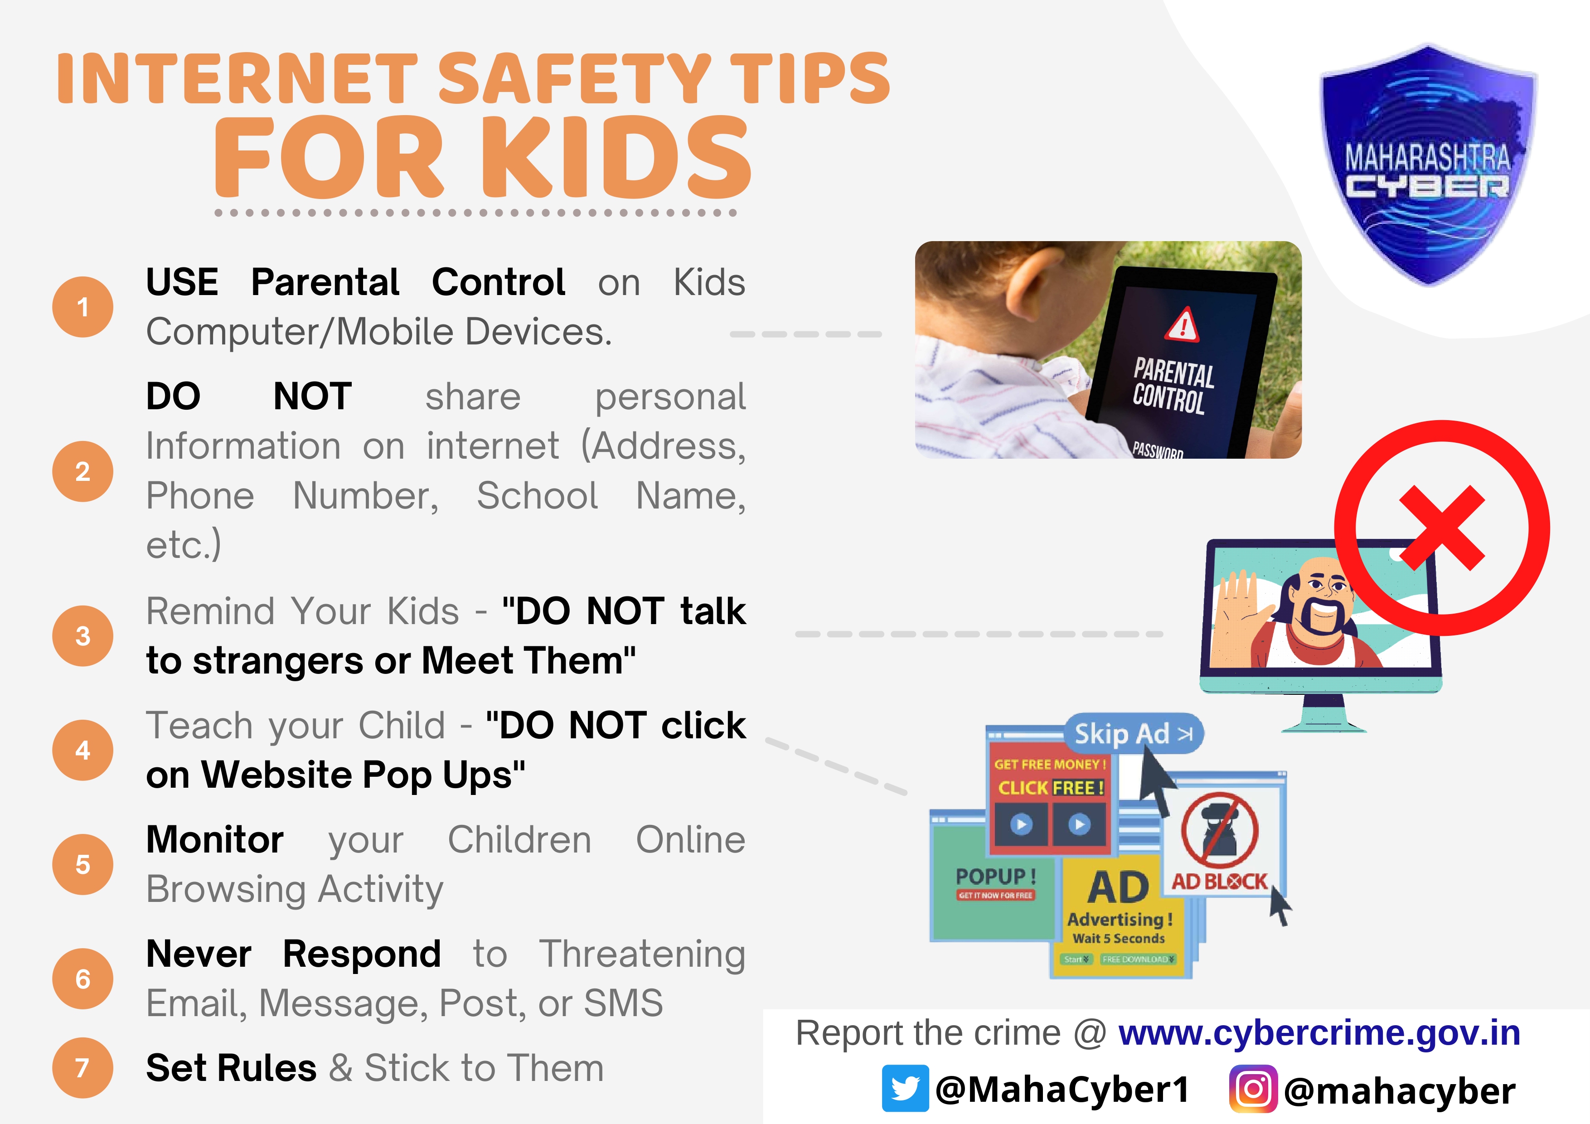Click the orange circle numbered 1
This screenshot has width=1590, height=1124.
82,307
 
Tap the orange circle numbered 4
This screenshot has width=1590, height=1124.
82,750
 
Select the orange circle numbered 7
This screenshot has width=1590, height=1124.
82,1067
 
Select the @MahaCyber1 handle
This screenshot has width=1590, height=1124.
1062,1090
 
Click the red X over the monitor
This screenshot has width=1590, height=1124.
1442,528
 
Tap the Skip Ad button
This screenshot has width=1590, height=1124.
1134,733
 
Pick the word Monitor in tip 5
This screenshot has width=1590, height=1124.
215,840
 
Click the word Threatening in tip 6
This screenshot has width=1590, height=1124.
642,954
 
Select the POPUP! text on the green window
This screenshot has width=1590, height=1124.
996,877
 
